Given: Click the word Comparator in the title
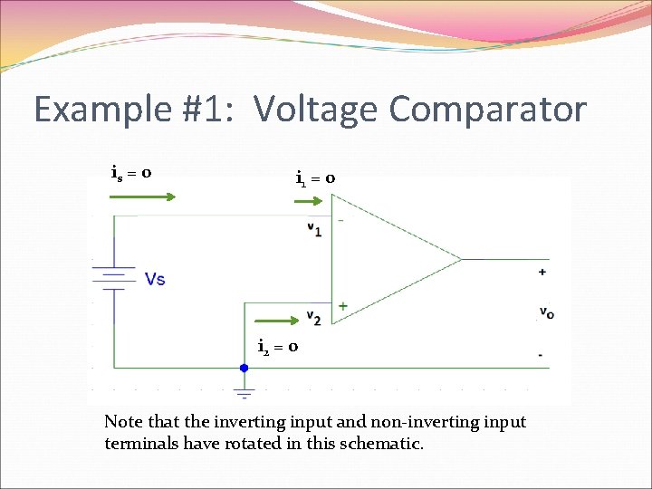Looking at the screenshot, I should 488,110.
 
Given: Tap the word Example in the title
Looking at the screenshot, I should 101,110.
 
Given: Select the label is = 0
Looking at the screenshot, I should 131,172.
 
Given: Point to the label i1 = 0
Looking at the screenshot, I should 316,178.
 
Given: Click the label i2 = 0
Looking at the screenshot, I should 278,346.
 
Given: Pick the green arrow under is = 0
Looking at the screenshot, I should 143,193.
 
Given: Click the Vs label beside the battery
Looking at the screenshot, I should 156,279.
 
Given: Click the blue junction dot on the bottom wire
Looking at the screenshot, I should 244,369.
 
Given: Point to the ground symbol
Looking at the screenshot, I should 244,393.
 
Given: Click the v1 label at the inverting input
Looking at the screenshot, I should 314,229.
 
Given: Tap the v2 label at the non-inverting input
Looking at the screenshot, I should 313,317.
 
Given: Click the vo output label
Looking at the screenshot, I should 546,312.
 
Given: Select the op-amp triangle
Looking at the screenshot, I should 389,259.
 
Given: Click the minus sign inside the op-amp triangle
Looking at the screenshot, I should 340,220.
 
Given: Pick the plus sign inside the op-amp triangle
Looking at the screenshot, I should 342,306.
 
